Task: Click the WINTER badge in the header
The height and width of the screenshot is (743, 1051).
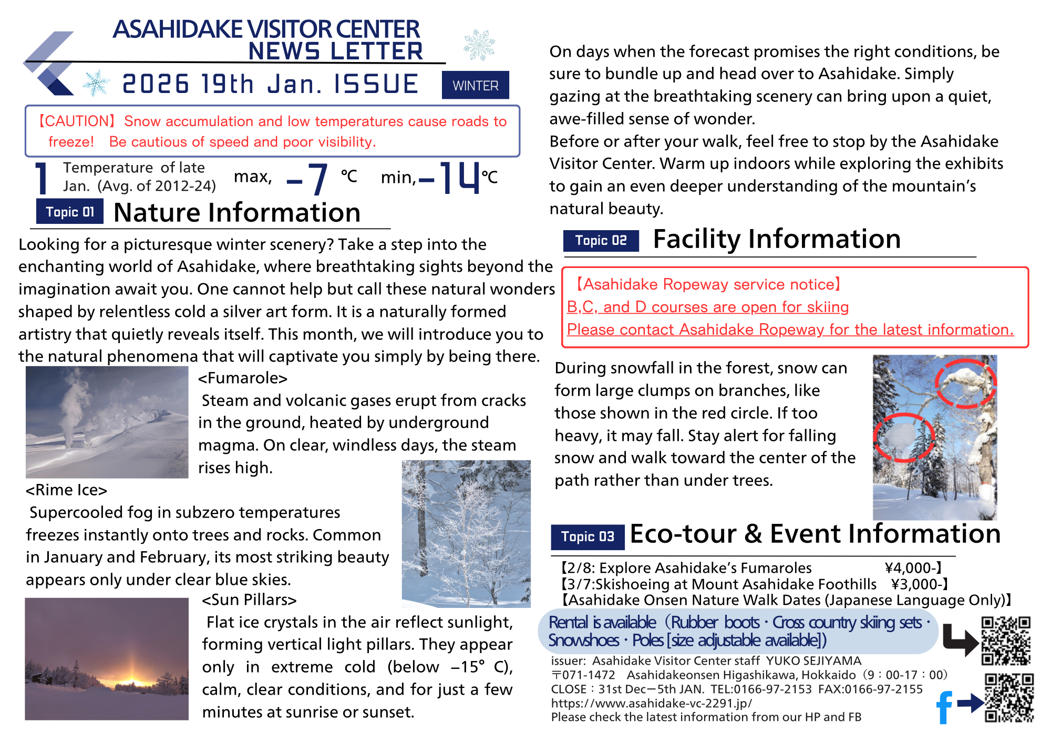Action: (475, 85)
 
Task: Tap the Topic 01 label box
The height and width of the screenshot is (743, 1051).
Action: (69, 212)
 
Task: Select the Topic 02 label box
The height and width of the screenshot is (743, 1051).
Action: (601, 241)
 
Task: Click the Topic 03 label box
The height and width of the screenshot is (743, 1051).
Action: (587, 536)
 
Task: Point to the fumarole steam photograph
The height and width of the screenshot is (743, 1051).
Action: (107, 422)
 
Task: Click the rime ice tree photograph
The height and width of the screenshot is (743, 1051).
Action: (466, 533)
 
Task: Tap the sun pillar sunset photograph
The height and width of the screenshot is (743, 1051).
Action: (107, 658)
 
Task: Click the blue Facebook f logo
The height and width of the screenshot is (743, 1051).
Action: (944, 707)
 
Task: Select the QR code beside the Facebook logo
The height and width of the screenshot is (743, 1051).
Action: (1009, 698)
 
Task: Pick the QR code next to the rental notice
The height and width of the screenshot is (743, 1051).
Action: (1006, 641)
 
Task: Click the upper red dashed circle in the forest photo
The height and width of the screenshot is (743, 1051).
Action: (966, 383)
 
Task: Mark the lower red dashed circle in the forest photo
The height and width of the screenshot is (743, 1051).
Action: (903, 437)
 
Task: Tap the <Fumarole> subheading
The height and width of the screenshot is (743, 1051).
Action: (243, 378)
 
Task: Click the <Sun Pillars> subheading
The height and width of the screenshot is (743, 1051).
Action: (250, 600)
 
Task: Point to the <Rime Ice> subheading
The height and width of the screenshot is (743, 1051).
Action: (66, 490)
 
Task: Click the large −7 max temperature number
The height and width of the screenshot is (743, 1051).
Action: (309, 179)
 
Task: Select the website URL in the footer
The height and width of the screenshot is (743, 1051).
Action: (651, 703)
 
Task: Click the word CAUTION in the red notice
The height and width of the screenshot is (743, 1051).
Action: (76, 121)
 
